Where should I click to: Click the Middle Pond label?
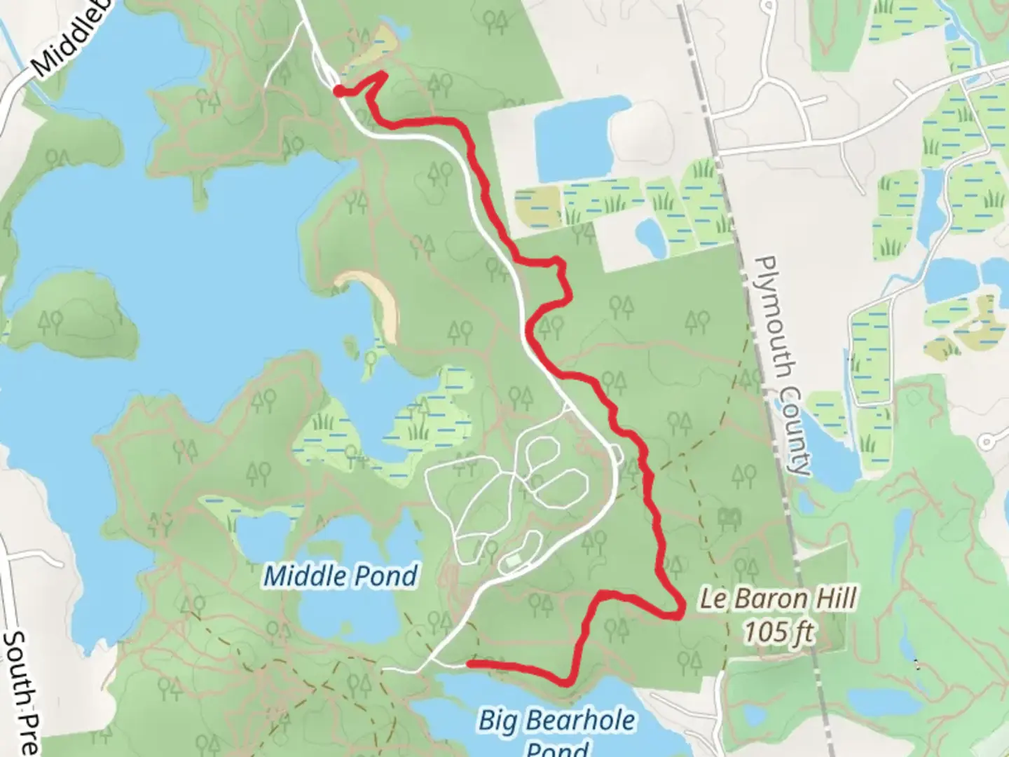(x=341, y=576)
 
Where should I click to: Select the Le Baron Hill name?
(x=778, y=599)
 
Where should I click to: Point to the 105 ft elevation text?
(x=778, y=632)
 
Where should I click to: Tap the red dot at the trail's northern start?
(x=338, y=90)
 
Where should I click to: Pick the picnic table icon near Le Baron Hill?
(x=729, y=518)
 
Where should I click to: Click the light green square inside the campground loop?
(x=514, y=560)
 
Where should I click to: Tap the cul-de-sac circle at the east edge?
(x=987, y=442)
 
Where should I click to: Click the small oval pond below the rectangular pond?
(x=650, y=236)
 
